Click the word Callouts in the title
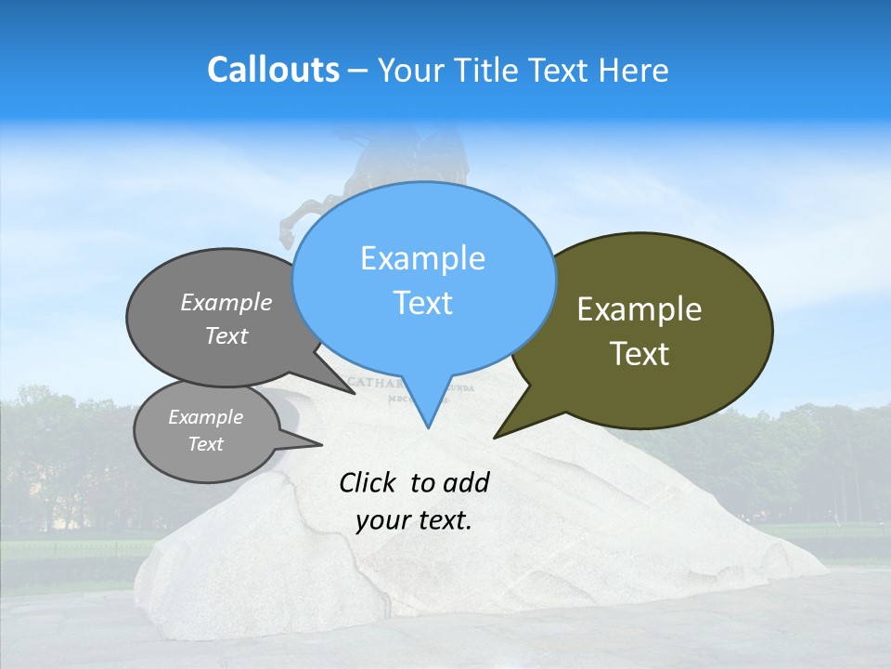point(273,70)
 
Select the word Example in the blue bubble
point(422,258)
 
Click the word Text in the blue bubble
point(422,303)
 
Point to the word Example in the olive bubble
point(639,309)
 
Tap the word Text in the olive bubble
point(639,354)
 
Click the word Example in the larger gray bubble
point(226,302)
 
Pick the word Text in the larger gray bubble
point(226,335)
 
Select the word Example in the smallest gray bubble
point(205,417)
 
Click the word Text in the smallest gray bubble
point(205,444)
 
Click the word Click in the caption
point(368,482)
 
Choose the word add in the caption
point(468,482)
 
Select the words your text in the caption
point(414,520)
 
